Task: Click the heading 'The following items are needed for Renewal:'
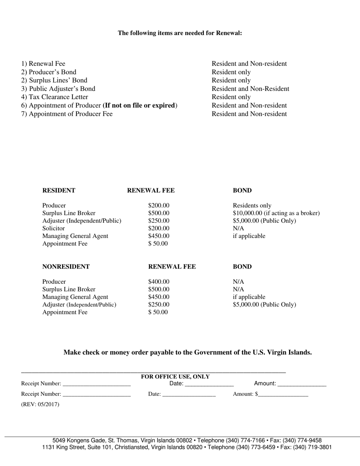pyautogui.click(x=180, y=33)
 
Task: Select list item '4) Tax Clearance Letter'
pyautogui.click(x=55, y=97)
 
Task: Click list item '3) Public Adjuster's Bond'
pyautogui.click(x=58, y=89)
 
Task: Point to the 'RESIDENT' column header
pyautogui.click(x=59, y=191)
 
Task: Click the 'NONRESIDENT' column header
pyautogui.click(x=66, y=267)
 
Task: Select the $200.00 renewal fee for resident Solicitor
pyautogui.click(x=159, y=228)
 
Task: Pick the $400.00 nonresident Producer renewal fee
pyautogui.click(x=159, y=282)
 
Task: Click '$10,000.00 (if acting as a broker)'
pyautogui.click(x=276, y=213)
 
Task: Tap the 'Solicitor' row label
pyautogui.click(x=53, y=228)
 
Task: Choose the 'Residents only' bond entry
pyautogui.click(x=252, y=206)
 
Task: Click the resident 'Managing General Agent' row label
pyautogui.click(x=75, y=236)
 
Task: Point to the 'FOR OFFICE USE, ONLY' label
pyautogui.click(x=175, y=377)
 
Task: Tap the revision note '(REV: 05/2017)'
pyautogui.click(x=40, y=404)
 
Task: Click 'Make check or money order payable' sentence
pyautogui.click(x=188, y=352)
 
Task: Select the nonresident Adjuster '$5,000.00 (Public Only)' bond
pyautogui.click(x=264, y=305)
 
